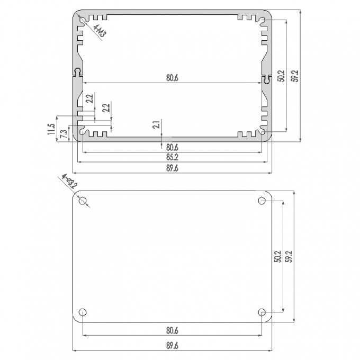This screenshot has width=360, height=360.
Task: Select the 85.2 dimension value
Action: [x=172, y=157]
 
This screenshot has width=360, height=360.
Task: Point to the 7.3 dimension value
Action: [x=63, y=133]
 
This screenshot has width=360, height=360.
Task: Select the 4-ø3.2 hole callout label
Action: [x=69, y=181]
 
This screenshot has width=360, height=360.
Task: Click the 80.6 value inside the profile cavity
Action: [x=172, y=78]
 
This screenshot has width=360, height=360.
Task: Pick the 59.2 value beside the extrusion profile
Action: [x=295, y=76]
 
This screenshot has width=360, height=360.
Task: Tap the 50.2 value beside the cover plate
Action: [x=277, y=256]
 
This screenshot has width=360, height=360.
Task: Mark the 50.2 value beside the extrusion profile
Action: [x=281, y=76]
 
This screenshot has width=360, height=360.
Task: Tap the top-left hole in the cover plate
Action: [x=83, y=201]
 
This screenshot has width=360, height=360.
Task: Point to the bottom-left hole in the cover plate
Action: [x=83, y=312]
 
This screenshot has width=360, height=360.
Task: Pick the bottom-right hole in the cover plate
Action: [x=262, y=312]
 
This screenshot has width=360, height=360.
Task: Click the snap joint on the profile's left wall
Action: [x=78, y=73]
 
